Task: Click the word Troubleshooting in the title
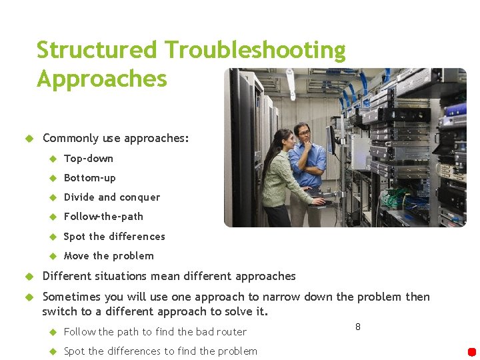[x=255, y=51]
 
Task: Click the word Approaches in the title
[x=101, y=79]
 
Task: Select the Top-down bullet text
[x=88, y=159]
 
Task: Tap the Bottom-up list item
[x=89, y=178]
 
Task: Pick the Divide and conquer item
[x=111, y=197]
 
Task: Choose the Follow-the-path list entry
[x=103, y=217]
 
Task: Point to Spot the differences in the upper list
[x=114, y=237]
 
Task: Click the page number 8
[x=358, y=327]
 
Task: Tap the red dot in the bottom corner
[x=472, y=352]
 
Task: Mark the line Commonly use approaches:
[x=115, y=139]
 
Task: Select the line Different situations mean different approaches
[x=169, y=276]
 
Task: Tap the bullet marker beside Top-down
[x=53, y=159]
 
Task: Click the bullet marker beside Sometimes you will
[x=29, y=297]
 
